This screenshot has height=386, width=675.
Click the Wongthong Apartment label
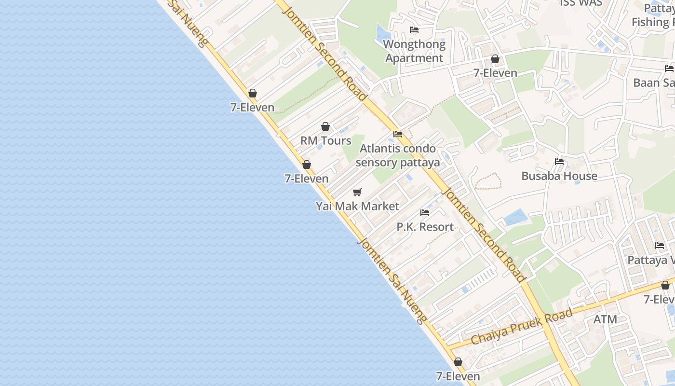coord(414,51)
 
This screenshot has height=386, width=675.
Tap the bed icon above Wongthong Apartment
coord(414,30)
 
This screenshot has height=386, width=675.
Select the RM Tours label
coord(326,141)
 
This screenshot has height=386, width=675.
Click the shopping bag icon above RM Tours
coord(325,126)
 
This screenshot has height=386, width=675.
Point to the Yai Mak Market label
coord(357,207)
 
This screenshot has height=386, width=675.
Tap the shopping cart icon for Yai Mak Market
coord(357,193)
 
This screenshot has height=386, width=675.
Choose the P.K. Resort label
coord(425,227)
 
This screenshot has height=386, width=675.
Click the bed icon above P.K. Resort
coord(425,212)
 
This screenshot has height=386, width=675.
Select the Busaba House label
coord(559,176)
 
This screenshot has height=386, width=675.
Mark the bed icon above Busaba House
coord(559,162)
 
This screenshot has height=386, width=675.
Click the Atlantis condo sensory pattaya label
coord(398,155)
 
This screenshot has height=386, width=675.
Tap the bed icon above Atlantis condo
coord(398,134)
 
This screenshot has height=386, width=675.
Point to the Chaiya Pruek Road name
coord(522,326)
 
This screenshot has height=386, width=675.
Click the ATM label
coord(605,319)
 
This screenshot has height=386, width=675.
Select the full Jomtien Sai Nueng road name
coord(391,281)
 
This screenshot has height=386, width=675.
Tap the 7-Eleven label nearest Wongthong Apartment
coord(495,73)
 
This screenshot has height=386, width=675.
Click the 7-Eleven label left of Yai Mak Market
coord(307,179)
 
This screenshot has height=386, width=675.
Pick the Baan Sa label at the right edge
coord(654,83)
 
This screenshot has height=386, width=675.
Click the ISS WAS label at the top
coord(581,3)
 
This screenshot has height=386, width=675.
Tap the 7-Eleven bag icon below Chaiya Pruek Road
coord(458,362)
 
